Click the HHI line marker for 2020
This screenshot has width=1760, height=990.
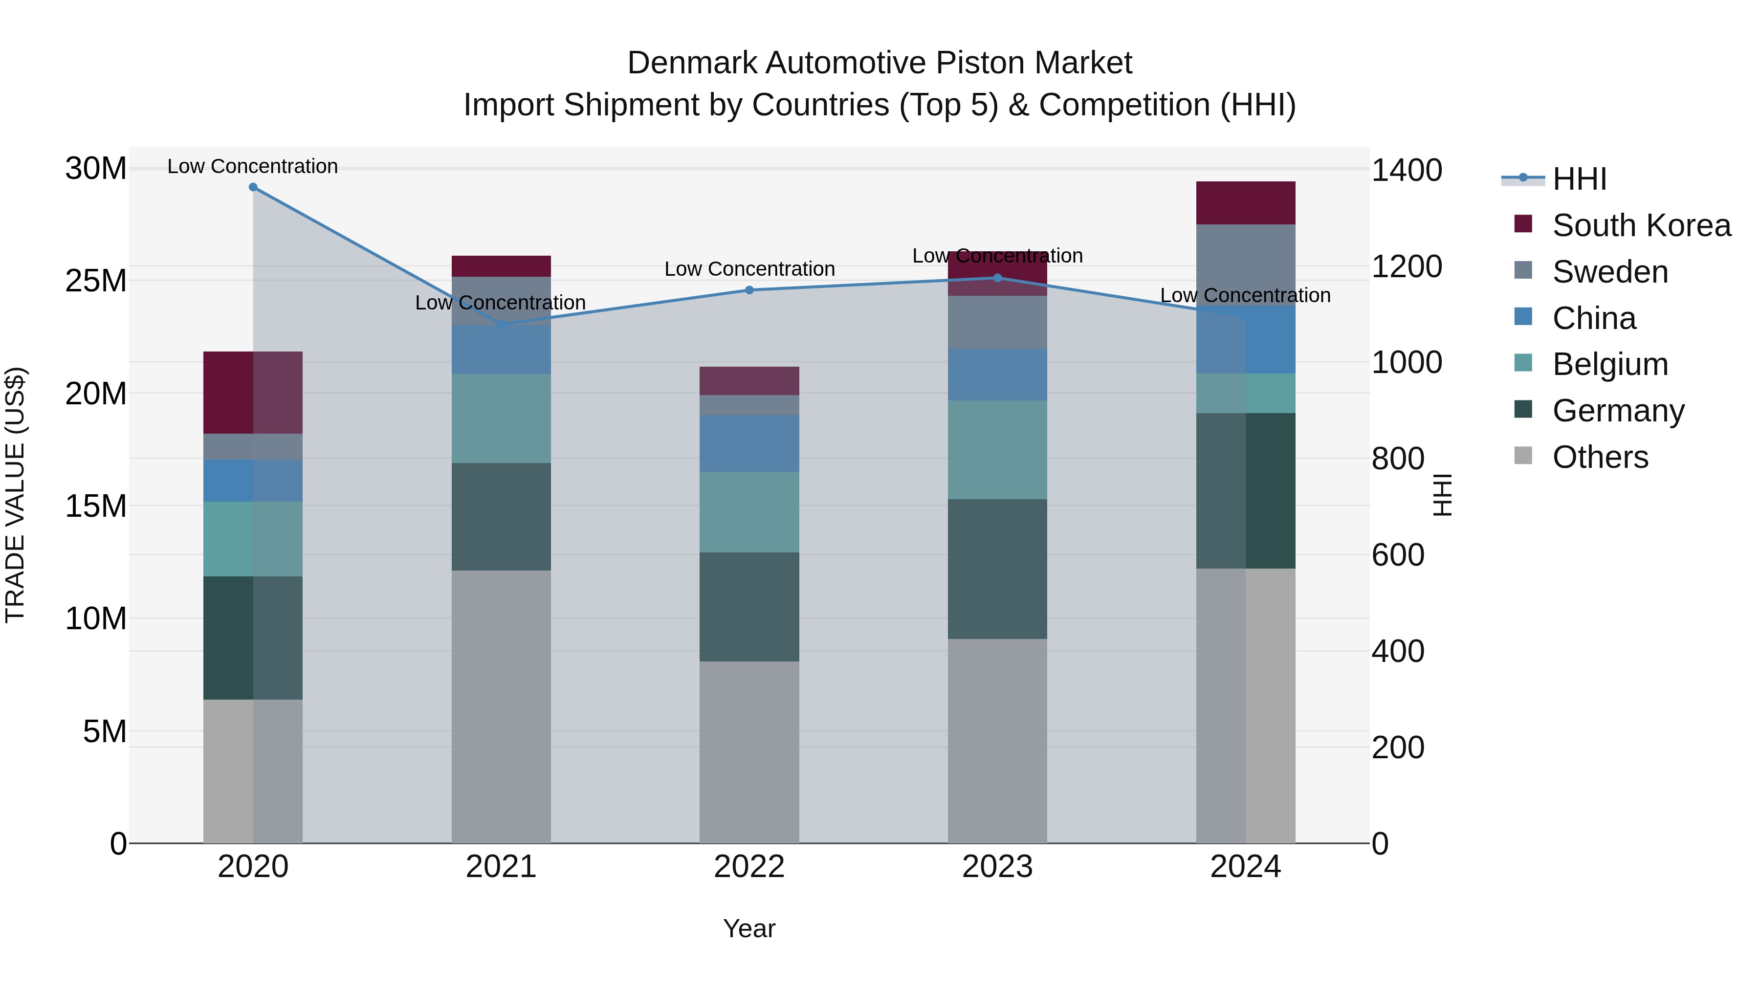click(253, 187)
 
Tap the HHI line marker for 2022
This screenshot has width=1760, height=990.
click(749, 290)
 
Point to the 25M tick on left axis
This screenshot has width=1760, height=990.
click(96, 281)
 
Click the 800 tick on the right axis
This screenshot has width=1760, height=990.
click(1398, 459)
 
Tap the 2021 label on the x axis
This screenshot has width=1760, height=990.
click(501, 867)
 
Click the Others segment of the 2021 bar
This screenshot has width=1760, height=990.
click(501, 706)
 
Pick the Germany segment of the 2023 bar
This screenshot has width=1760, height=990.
click(997, 569)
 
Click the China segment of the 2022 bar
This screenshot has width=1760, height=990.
click(749, 443)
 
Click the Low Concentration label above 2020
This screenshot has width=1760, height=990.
click(253, 167)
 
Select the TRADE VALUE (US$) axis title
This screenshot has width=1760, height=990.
click(16, 495)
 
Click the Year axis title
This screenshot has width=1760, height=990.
click(749, 928)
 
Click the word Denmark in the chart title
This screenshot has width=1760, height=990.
click(692, 64)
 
